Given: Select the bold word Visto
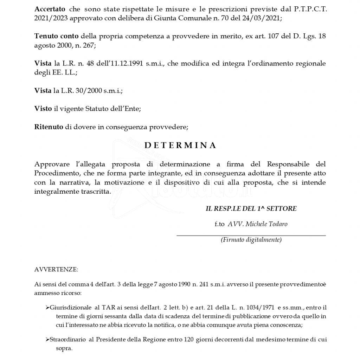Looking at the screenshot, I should pyautogui.click(x=43, y=109).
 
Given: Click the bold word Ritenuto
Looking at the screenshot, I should pyautogui.click(x=49, y=127).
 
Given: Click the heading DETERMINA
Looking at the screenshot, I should pyautogui.click(x=180, y=146).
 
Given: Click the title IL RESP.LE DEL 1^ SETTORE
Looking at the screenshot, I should pyautogui.click(x=251, y=209).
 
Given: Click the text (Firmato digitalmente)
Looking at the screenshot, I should pyautogui.click(x=251, y=240).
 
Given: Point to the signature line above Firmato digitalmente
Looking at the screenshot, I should pyautogui.click(x=251, y=235).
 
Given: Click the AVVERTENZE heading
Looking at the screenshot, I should pyautogui.click(x=56, y=270).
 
